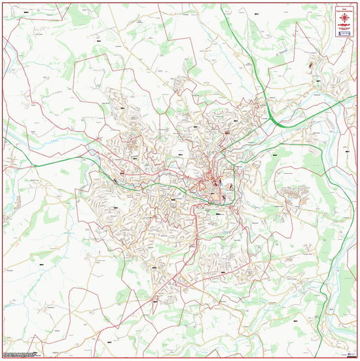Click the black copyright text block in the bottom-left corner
(18, 354)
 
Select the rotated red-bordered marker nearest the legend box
(310, 66)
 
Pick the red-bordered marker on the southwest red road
(155, 301)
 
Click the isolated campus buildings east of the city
(294, 193)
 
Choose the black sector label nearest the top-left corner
(25, 12)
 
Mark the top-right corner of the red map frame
(357, 3)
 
